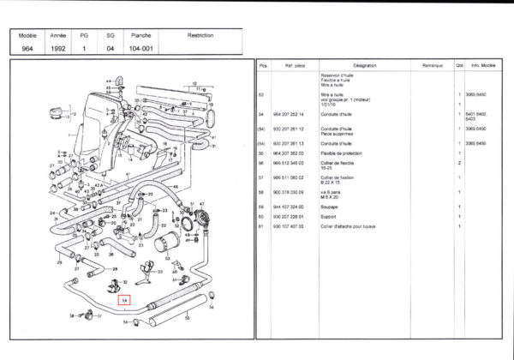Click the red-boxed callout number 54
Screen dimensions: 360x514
pyautogui.click(x=125, y=300)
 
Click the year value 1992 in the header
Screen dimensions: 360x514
pyautogui.click(x=58, y=49)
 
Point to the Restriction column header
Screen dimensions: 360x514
pyautogui.click(x=200, y=36)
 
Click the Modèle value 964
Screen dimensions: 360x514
pyautogui.click(x=27, y=49)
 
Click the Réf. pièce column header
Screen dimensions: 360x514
pyautogui.click(x=296, y=65)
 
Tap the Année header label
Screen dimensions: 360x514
pyautogui.click(x=58, y=36)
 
